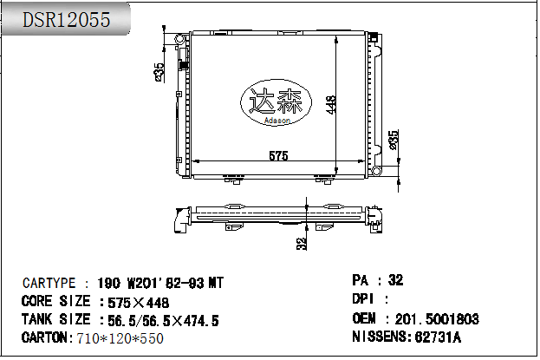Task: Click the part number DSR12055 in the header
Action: (66, 19)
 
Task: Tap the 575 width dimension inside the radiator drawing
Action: (277, 156)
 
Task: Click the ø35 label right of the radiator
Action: (394, 139)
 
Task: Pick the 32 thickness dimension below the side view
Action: (302, 244)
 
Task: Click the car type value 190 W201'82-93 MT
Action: (159, 284)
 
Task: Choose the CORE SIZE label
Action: (55, 302)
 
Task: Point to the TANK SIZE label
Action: (55, 320)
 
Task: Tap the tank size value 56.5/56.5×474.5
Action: (160, 321)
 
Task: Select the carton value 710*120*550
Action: (120, 337)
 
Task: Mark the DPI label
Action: (363, 299)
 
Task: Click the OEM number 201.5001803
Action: (437, 318)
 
